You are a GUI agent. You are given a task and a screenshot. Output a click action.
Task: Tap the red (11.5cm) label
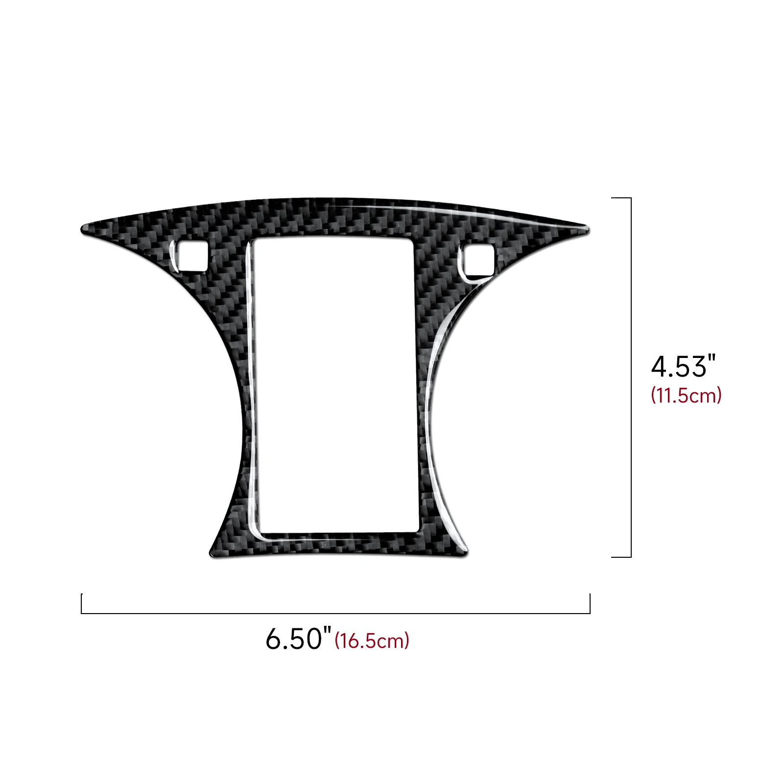(686, 395)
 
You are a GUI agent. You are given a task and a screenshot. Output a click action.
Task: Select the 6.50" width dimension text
(298, 639)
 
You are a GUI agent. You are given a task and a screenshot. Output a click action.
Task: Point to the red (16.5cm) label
(372, 641)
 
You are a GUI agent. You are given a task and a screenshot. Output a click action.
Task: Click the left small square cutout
(192, 256)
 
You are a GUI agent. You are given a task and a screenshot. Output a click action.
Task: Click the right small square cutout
(478, 260)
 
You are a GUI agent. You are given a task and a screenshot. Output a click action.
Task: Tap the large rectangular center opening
(336, 384)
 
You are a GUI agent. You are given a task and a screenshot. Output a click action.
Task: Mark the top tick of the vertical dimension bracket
(621, 198)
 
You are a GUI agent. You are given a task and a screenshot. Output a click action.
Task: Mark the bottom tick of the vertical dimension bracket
(621, 557)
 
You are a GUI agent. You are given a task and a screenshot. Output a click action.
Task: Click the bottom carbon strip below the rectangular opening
(338, 544)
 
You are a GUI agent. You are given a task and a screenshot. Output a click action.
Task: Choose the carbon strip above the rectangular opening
(333, 220)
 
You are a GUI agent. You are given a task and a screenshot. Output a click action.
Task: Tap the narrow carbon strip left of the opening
(248, 392)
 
